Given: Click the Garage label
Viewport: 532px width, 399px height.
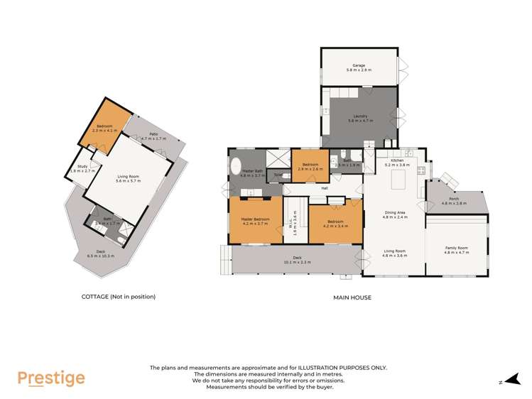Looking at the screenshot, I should click(x=359, y=65).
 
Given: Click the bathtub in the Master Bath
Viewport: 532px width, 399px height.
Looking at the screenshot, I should click(x=235, y=168).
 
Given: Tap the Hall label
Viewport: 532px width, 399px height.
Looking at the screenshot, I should click(x=324, y=188).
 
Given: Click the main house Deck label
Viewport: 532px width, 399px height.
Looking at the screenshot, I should click(x=297, y=258).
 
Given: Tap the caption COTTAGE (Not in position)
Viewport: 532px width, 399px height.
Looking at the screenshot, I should click(x=118, y=297).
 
